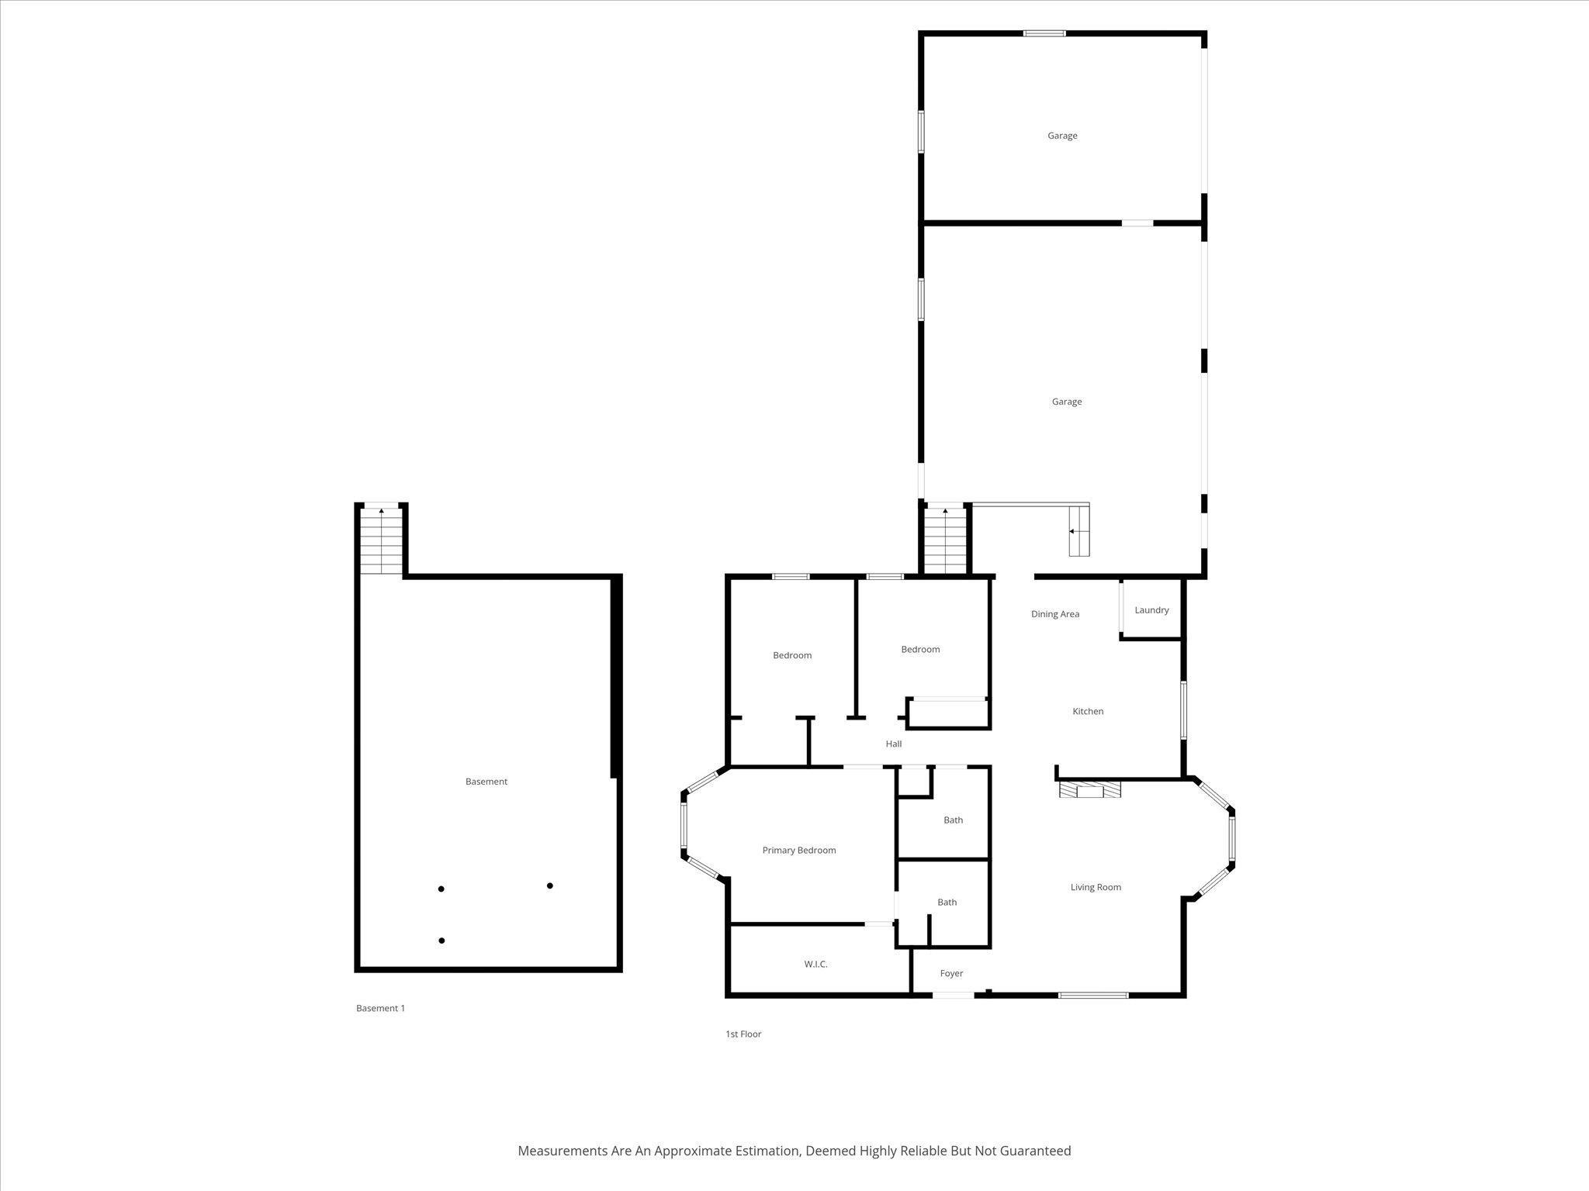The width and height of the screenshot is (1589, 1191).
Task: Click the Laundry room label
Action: tap(1151, 610)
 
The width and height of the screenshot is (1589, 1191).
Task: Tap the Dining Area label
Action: tap(1055, 614)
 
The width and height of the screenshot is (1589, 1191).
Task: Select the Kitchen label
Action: tap(1088, 711)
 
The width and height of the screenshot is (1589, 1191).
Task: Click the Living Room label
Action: tap(1096, 887)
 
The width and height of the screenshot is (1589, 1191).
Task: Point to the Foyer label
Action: tap(951, 973)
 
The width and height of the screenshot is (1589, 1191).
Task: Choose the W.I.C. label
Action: tap(815, 964)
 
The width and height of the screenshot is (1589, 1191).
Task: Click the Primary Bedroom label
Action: tap(799, 850)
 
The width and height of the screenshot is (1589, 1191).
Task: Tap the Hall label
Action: tap(894, 744)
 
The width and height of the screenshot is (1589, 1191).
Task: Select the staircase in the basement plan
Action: tap(382, 540)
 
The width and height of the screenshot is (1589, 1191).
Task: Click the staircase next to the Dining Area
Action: tap(945, 540)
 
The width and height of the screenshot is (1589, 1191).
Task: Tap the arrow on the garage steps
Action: tap(1072, 531)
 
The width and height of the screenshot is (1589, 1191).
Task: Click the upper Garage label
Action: tap(1062, 136)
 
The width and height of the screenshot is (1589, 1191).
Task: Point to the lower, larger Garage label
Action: tap(1067, 402)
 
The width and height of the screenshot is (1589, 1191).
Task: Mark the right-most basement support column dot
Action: tap(550, 885)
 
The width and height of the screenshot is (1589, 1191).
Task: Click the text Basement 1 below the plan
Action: tap(380, 1008)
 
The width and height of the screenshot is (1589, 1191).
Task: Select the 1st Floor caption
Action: tap(743, 1034)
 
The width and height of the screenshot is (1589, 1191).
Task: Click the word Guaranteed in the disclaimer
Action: tap(1035, 1151)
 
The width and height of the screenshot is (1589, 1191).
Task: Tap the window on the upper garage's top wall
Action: tap(1044, 33)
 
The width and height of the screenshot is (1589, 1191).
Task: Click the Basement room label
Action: tap(486, 782)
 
